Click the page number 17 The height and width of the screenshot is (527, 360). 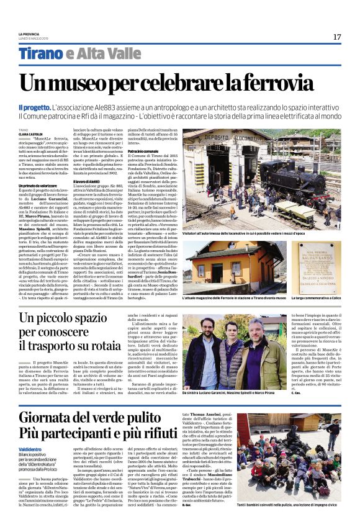(x=336, y=37)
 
